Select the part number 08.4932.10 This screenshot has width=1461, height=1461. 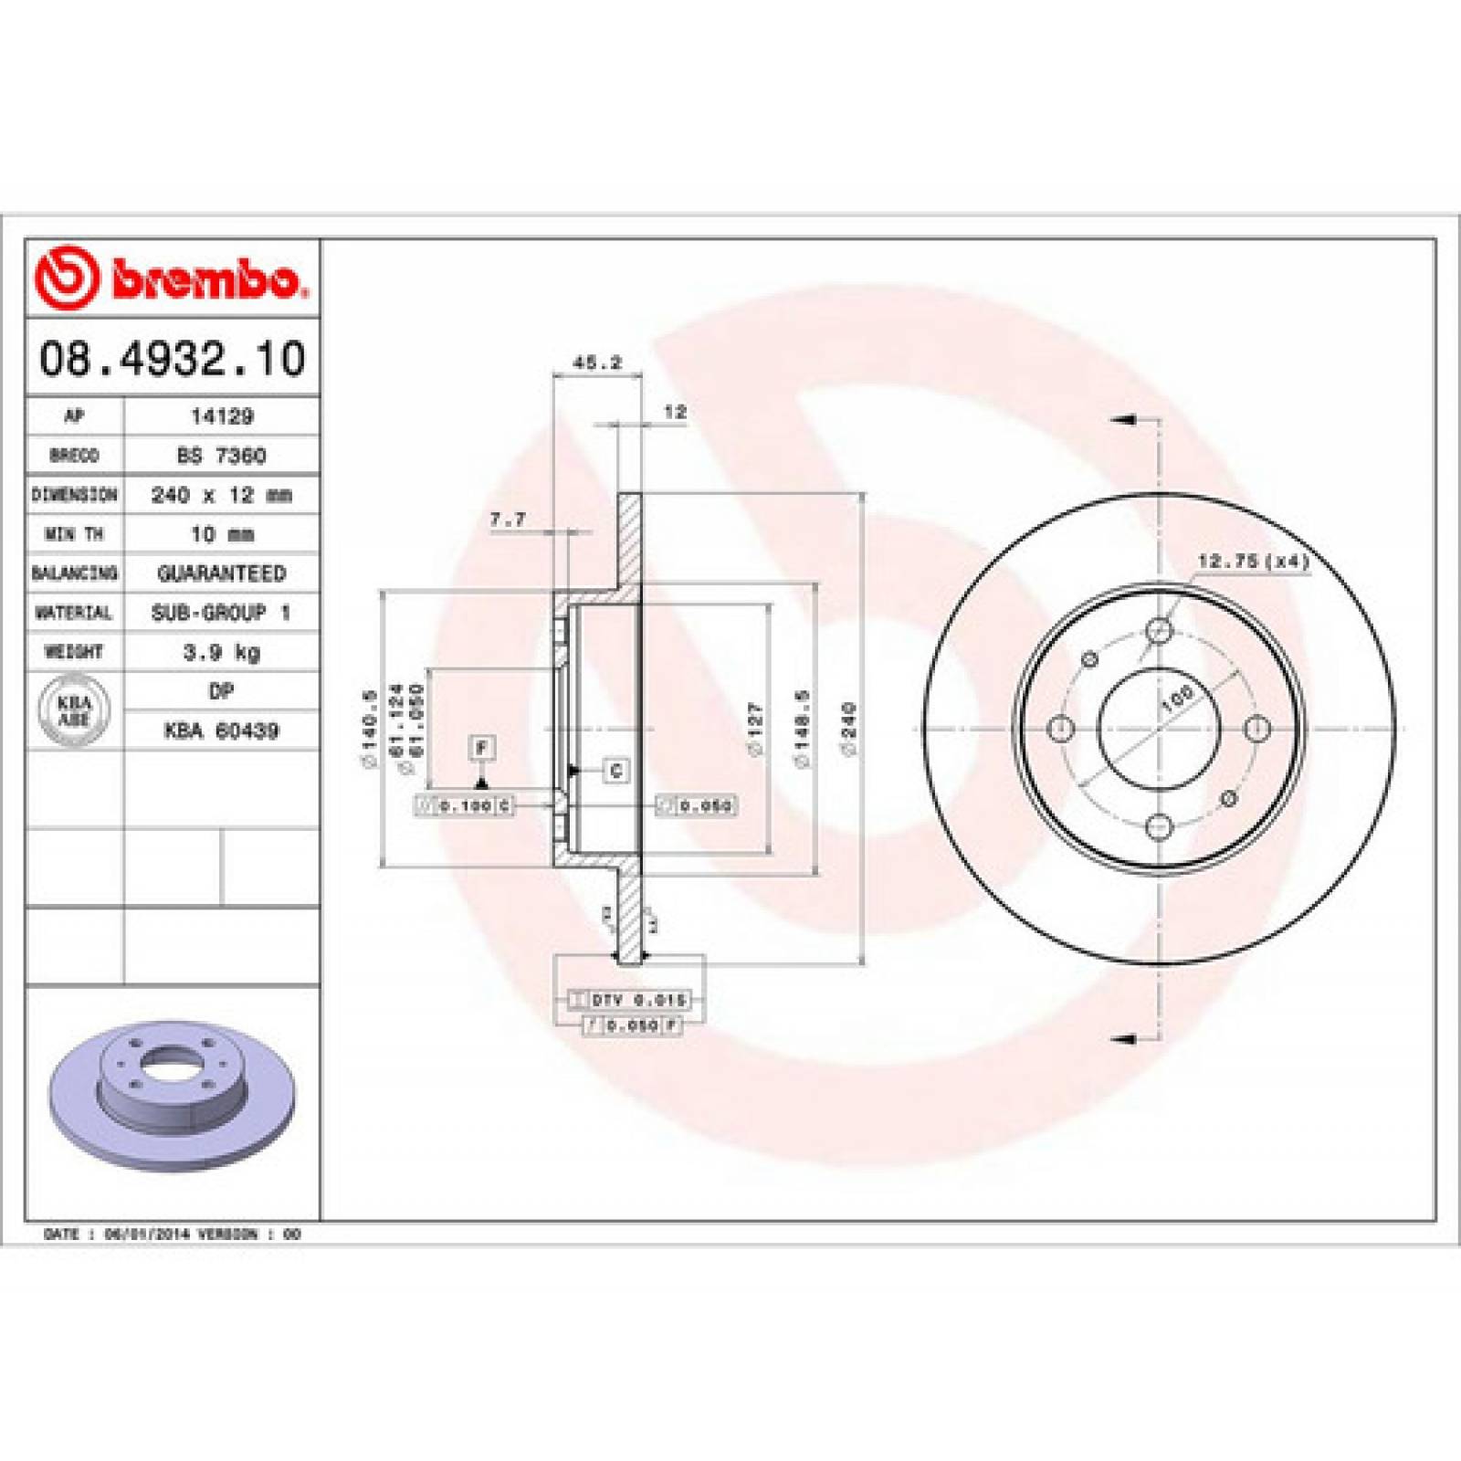[172, 358]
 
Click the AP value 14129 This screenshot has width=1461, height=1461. [222, 416]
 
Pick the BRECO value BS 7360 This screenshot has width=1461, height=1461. [222, 455]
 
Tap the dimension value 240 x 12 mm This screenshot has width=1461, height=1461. [222, 495]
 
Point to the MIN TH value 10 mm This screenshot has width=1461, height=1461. [222, 534]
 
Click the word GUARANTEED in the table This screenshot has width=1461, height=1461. [222, 573]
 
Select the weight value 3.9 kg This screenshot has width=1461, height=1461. [222, 652]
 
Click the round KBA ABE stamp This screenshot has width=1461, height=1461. [74, 710]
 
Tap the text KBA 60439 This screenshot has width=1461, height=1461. [222, 730]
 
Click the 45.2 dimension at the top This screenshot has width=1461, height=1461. [597, 363]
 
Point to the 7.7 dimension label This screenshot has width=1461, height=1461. [508, 520]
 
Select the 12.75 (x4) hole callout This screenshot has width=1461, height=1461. [1253, 562]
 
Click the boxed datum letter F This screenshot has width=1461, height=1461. [482, 748]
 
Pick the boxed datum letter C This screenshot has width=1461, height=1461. [616, 771]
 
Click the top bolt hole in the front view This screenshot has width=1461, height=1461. [1159, 630]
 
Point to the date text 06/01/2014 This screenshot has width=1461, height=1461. [148, 1235]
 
